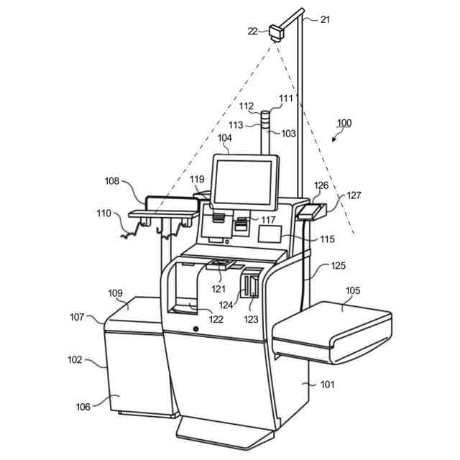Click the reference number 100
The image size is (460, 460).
tap(344, 123)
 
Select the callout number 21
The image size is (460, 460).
tap(325, 20)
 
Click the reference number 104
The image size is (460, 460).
tap(225, 137)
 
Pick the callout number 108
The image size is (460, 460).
tap(112, 182)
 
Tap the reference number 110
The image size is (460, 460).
tap(104, 213)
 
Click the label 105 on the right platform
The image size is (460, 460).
tap(353, 291)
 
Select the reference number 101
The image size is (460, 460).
tap(327, 384)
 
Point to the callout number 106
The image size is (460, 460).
tap(83, 407)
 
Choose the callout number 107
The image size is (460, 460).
tap(78, 316)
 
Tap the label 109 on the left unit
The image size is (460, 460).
tap(115, 293)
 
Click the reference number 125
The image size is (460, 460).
tap(338, 266)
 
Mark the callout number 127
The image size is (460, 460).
tap(354, 194)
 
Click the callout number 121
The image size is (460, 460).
tap(218, 289)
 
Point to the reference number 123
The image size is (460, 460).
tap(252, 319)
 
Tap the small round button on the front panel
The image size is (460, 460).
tap(195, 329)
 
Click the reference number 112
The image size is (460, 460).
tap(247, 106)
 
